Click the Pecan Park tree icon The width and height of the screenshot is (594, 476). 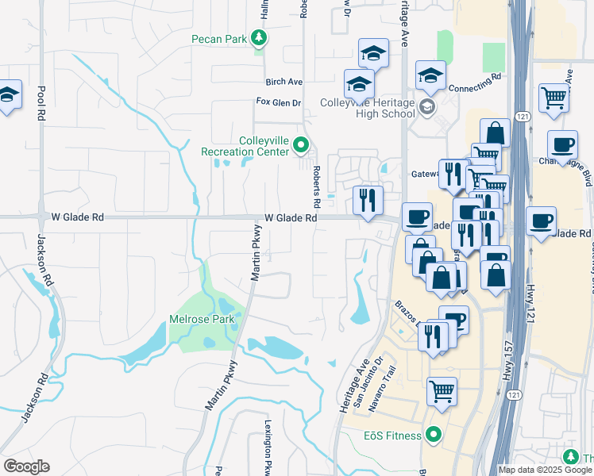258,37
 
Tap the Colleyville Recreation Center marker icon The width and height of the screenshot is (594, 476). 301,145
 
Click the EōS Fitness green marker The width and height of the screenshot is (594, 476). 433,434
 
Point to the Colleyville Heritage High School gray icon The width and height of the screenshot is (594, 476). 427,107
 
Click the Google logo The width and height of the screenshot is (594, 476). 26,466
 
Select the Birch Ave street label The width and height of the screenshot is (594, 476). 284,82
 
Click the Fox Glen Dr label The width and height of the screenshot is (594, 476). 279,102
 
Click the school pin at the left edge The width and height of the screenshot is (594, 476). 8,96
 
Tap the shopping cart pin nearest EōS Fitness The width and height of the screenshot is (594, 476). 442,391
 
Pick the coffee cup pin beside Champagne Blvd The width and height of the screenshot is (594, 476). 562,145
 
